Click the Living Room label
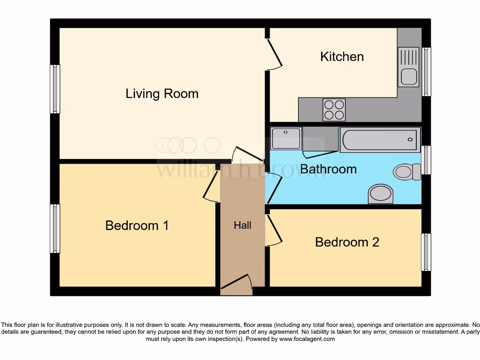click(162, 94)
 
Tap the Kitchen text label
click(342, 57)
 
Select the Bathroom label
click(328, 169)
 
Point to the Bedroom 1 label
click(137, 225)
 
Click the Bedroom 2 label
click(347, 242)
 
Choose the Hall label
click(242, 225)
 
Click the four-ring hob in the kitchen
click(334, 110)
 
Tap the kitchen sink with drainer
click(408, 67)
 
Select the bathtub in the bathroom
click(380, 139)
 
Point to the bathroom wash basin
click(381, 194)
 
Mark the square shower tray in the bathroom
click(286, 138)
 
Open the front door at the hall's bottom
click(237, 284)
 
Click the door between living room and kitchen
click(274, 52)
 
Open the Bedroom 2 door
click(274, 230)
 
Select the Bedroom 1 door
click(211, 186)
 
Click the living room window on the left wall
click(55, 89)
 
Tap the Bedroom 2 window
click(426, 252)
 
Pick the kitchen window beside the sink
click(427, 72)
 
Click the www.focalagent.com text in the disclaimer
click(307, 339)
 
